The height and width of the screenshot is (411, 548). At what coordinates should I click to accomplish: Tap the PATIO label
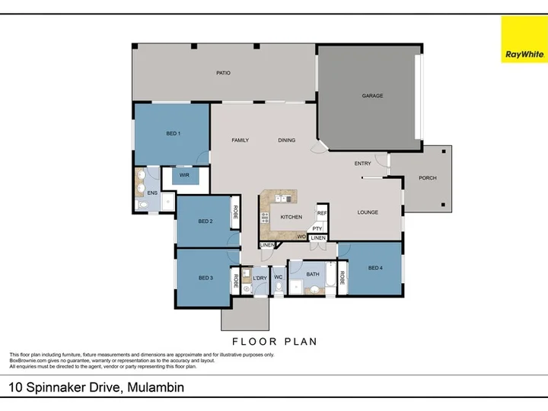point(223,73)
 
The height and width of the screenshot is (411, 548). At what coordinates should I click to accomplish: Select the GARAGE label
point(372,96)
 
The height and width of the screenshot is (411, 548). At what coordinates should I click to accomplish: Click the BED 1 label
point(173,133)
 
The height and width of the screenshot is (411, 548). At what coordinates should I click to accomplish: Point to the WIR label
point(184,175)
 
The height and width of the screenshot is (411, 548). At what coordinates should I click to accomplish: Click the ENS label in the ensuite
point(152,193)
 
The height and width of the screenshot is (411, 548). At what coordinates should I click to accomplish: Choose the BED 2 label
point(205,221)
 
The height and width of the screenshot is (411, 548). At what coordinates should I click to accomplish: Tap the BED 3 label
point(205,278)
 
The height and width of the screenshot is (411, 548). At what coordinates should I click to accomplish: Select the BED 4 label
point(375,267)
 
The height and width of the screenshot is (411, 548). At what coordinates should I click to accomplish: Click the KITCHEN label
point(292,217)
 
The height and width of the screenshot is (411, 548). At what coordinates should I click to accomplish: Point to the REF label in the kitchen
point(321,214)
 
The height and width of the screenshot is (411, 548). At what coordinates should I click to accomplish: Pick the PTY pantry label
point(317,228)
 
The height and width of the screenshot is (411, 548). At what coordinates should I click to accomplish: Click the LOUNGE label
point(368,212)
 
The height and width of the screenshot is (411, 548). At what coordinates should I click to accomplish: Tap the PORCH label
point(428,178)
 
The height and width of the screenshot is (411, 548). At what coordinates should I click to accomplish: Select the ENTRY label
point(363,164)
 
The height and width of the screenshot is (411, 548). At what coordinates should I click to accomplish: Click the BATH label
point(313,273)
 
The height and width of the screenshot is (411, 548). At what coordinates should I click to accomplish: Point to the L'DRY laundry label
point(259,277)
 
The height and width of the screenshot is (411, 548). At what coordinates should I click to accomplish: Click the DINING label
point(286,140)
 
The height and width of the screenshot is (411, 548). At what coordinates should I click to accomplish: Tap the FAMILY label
point(241,140)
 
